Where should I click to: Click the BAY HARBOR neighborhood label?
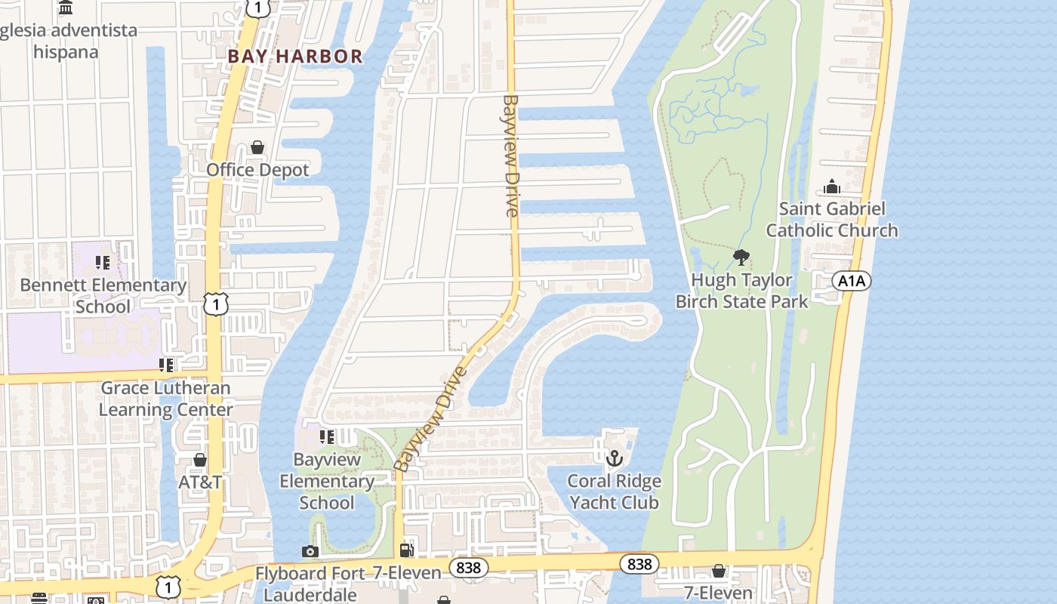[295, 56]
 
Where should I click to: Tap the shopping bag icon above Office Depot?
[257, 147]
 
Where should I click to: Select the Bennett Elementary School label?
[103, 295]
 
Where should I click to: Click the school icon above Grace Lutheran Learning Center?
[166, 365]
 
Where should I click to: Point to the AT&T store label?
[200, 482]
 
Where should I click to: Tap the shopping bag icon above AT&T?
[200, 460]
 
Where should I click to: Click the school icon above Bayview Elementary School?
[327, 436]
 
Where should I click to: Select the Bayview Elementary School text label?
[327, 481]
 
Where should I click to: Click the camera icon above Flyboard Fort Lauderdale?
[310, 551]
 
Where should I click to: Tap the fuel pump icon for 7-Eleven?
[407, 550]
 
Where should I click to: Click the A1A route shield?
[852, 282]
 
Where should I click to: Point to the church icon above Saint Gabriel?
[832, 186]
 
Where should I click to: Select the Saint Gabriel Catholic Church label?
[832, 219]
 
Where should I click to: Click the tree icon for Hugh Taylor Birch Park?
[741, 257]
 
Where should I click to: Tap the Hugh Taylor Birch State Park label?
[741, 291]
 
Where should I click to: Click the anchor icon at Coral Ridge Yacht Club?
[615, 458]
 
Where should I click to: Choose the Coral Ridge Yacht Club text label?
[614, 492]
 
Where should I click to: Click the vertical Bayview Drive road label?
[511, 155]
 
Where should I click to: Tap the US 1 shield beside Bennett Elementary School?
[216, 304]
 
